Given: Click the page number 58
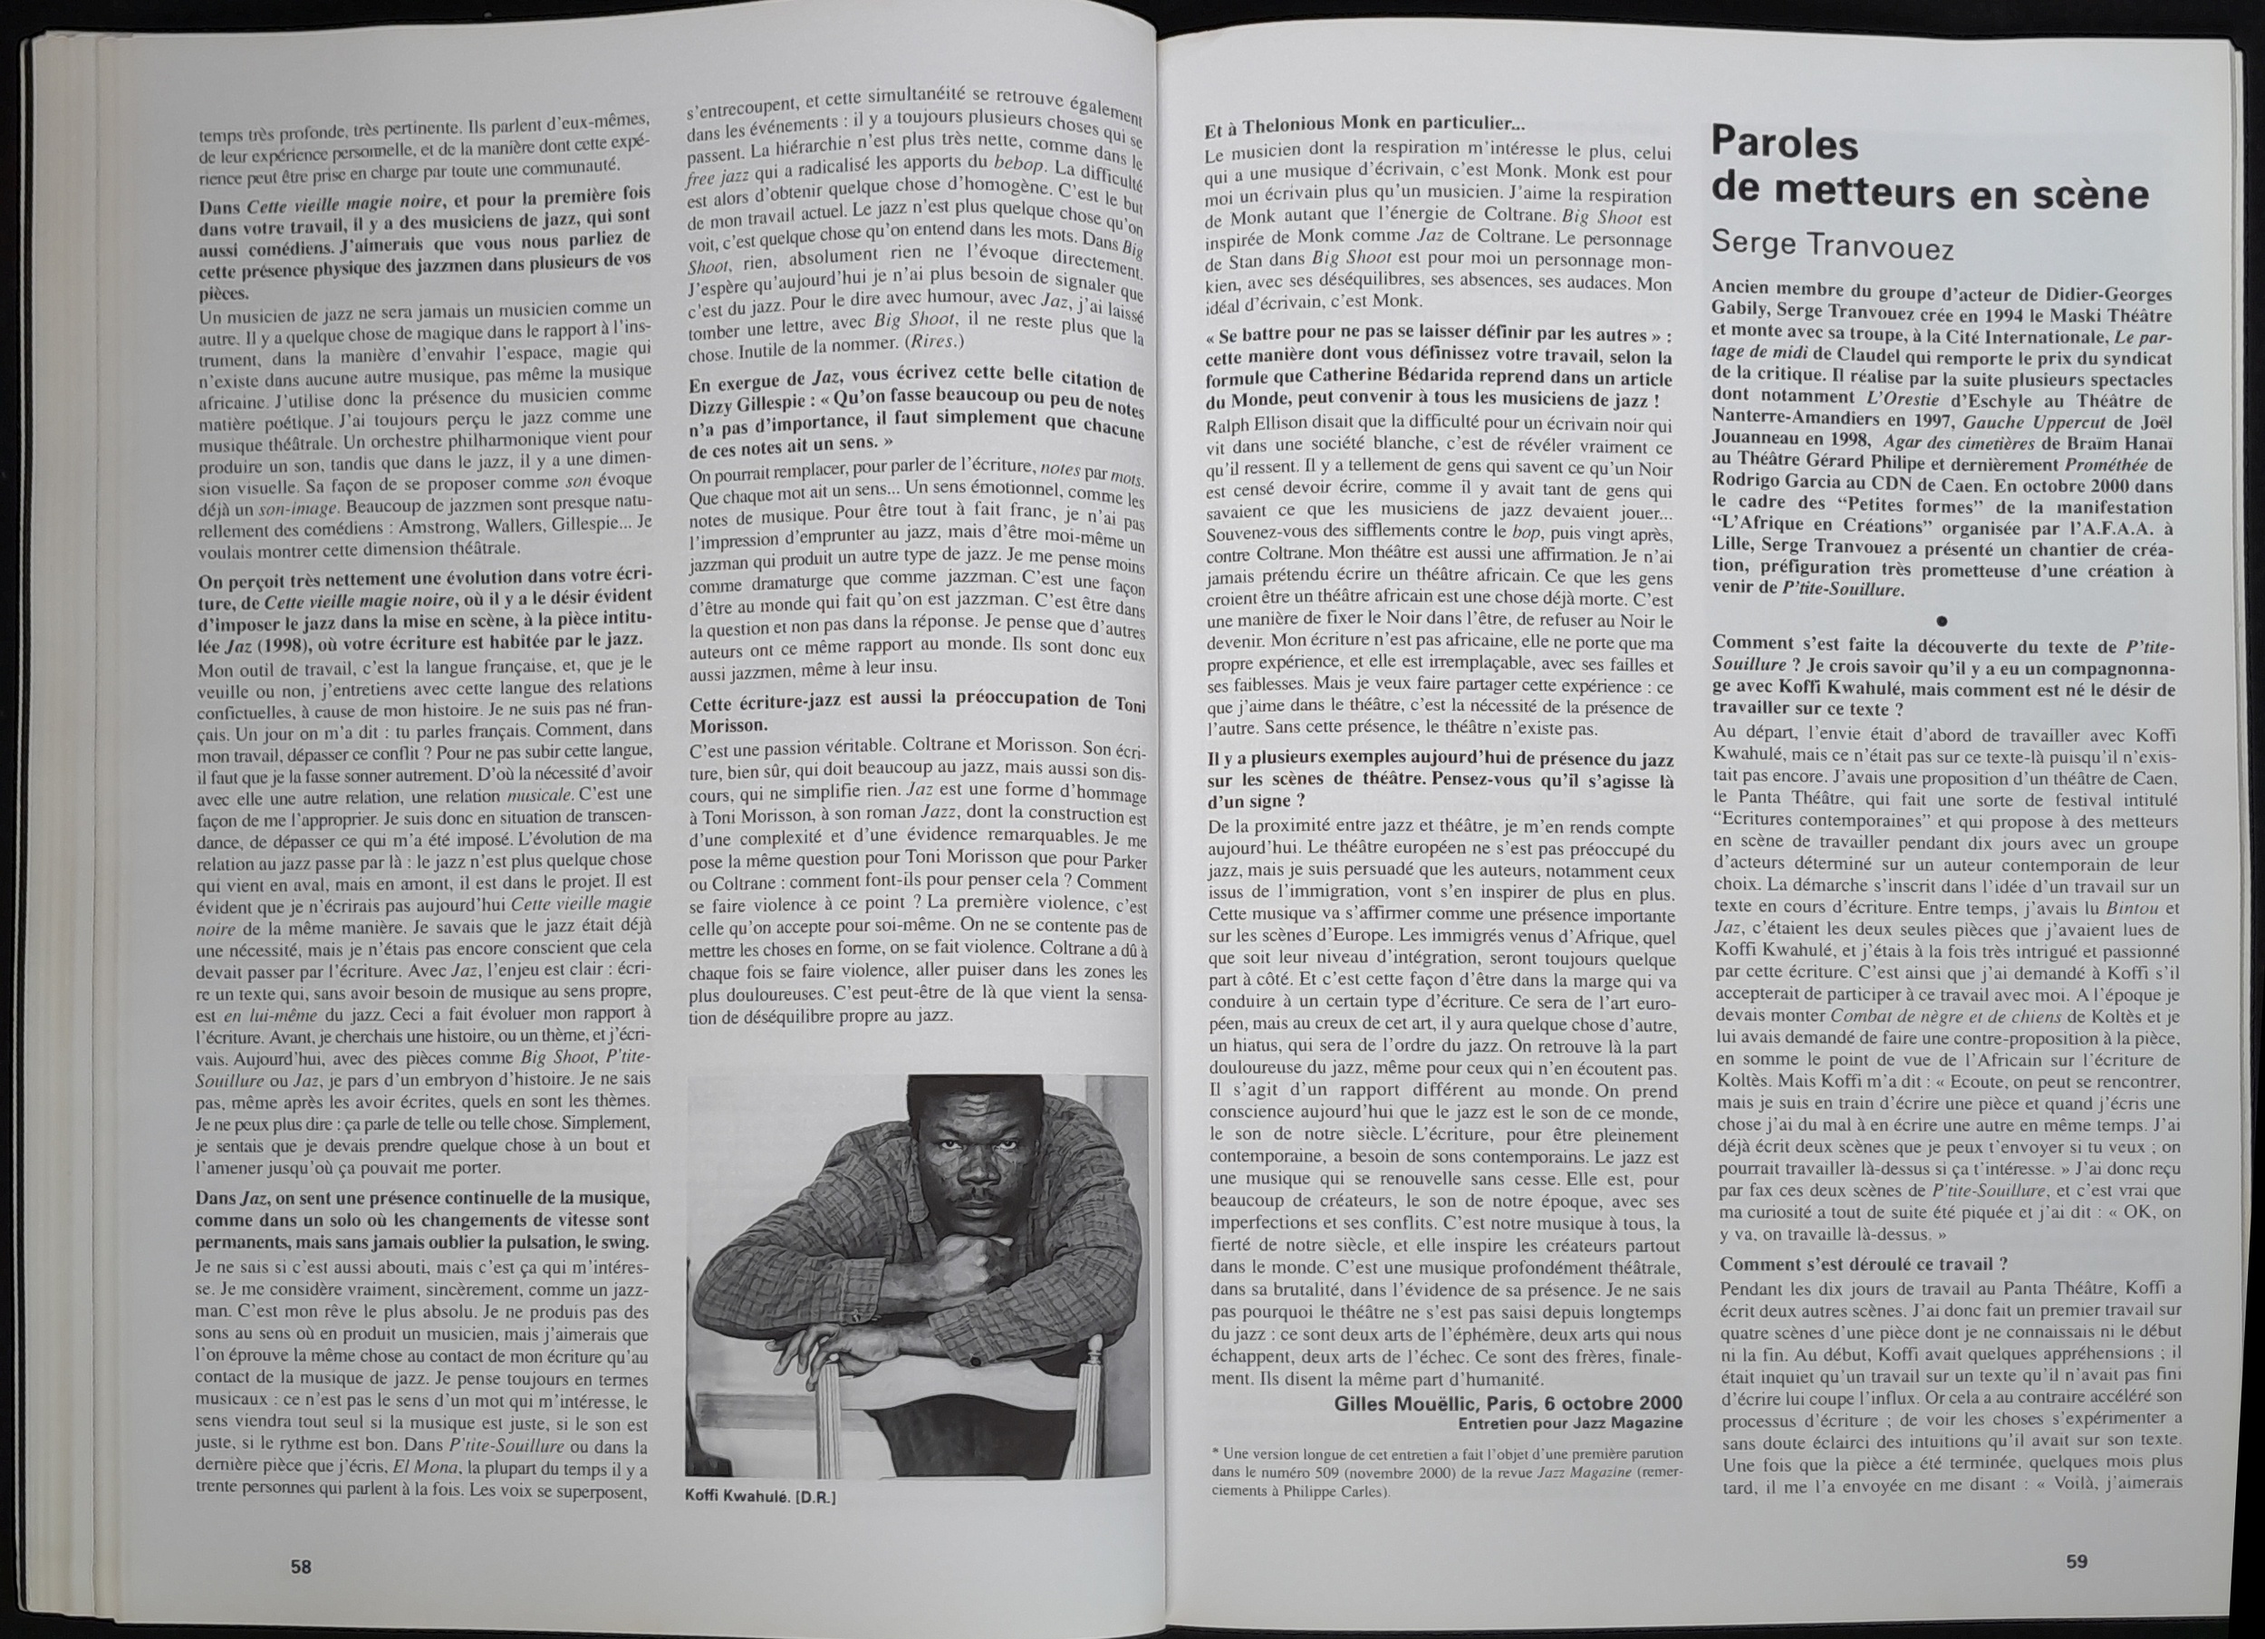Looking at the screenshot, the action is click(301, 1567).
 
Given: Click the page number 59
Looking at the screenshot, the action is click(2077, 1561).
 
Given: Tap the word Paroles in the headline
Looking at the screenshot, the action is click(1785, 144).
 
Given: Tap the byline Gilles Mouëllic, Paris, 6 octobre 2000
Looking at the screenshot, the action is click(1508, 1403).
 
